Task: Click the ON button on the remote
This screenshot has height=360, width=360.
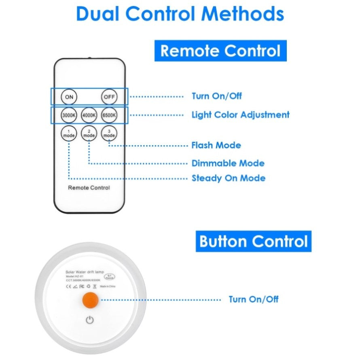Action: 69,97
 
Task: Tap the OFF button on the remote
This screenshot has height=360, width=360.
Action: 109,97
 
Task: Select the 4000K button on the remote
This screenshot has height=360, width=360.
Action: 89,115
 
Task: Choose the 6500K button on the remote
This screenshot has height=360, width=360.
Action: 109,115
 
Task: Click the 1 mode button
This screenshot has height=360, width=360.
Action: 69,133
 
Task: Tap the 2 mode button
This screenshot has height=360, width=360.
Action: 89,133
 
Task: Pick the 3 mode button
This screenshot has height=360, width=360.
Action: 109,133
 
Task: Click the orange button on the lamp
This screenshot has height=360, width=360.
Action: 90,300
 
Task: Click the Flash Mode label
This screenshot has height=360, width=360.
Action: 216,145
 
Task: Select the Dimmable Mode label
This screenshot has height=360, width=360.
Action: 228,163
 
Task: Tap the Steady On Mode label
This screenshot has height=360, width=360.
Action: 228,178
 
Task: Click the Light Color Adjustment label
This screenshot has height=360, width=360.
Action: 240,115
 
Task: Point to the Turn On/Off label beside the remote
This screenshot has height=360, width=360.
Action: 216,96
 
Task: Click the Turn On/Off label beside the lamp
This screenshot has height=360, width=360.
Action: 254,300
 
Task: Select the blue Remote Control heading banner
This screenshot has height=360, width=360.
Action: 220,51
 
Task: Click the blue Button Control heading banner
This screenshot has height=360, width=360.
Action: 254,241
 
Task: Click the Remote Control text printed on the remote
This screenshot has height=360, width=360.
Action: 89,188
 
